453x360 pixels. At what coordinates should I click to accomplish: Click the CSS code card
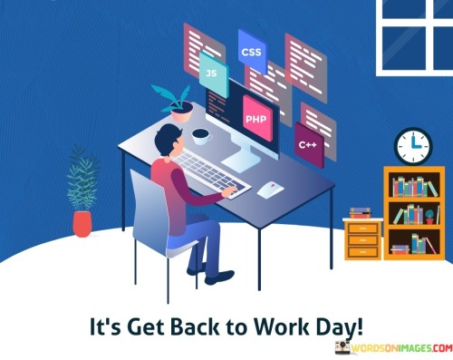(x=251, y=52)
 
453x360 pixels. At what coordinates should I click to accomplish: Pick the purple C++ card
(x=308, y=142)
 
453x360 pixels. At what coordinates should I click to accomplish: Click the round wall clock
(x=412, y=146)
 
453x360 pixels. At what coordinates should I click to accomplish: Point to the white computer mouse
(x=270, y=190)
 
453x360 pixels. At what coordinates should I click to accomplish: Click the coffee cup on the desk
(x=201, y=136)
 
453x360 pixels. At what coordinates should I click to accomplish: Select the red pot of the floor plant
(x=82, y=222)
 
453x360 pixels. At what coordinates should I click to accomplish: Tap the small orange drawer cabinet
(x=362, y=238)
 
